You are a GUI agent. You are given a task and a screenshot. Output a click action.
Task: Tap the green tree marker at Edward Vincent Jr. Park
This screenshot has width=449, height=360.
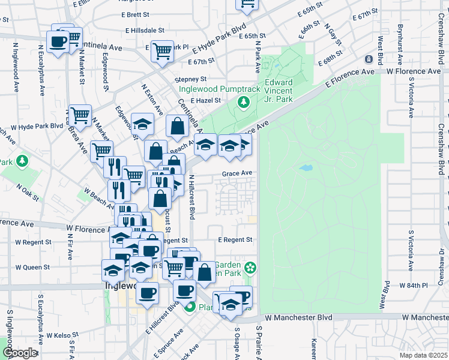coord(244,103)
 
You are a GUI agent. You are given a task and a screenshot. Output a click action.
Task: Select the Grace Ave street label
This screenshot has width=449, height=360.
coord(237,173)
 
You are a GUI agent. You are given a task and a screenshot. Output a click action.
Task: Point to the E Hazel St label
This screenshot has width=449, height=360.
coord(206,101)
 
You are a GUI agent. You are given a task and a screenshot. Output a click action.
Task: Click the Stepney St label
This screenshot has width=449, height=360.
coord(190,79)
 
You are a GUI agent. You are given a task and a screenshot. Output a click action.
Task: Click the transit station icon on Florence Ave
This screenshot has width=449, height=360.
coord(369,59)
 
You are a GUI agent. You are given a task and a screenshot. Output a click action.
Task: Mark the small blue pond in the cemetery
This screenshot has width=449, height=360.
coord(306,168)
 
